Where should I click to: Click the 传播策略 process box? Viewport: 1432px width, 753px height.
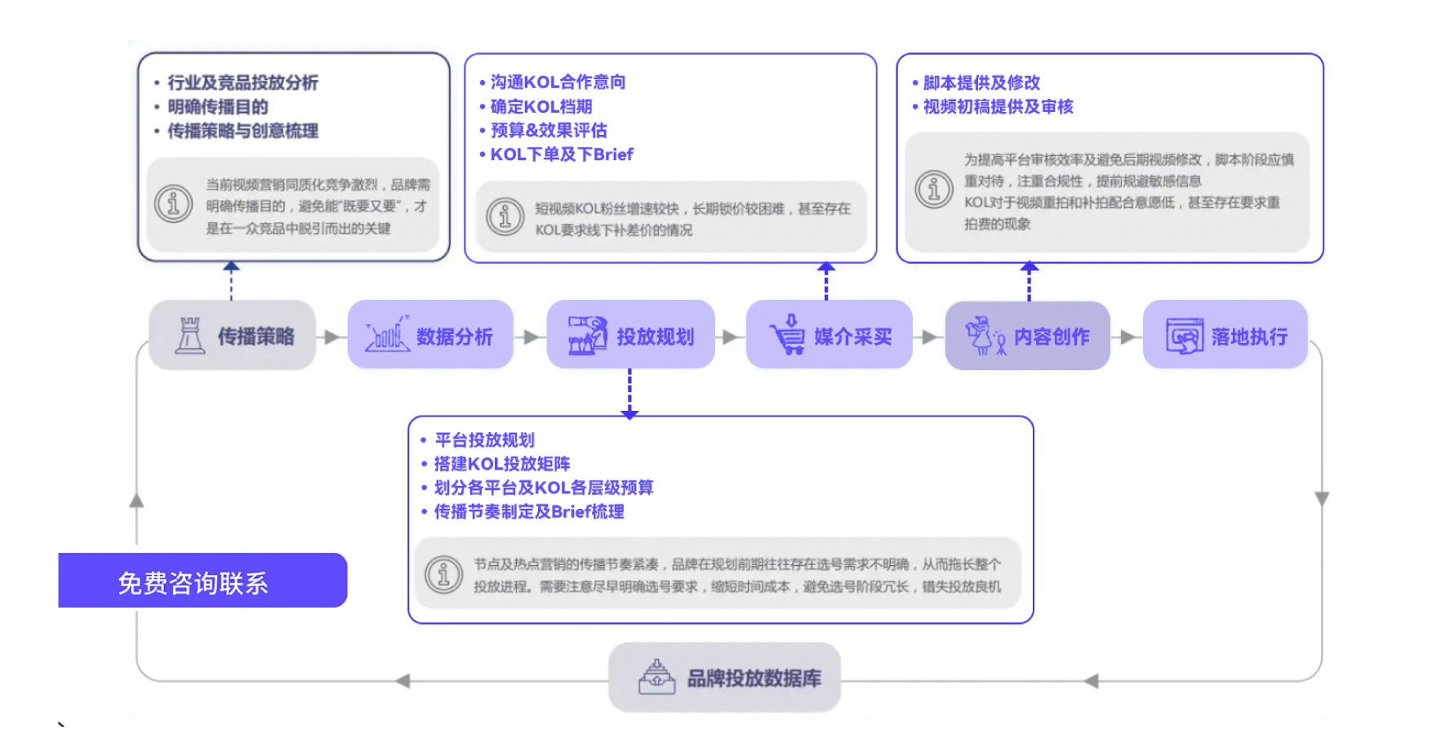point(233,336)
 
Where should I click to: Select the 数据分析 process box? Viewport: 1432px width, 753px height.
point(430,336)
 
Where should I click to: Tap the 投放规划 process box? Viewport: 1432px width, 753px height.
point(630,336)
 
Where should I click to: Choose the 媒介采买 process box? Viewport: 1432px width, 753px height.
point(829,336)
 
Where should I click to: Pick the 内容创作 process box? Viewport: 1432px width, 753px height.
point(1027,336)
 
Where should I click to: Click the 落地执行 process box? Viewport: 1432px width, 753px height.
point(1225,336)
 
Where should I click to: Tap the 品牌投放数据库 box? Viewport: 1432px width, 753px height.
point(724,678)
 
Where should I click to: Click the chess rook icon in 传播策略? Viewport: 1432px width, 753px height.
point(189,336)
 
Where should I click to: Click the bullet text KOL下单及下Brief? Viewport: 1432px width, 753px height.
point(561,154)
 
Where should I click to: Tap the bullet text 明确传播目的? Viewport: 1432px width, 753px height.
point(217,107)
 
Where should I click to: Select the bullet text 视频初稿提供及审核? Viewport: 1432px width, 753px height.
point(997,107)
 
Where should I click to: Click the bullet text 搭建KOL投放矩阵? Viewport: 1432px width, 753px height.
point(501,464)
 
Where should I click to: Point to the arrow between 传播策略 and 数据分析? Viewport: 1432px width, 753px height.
point(331,336)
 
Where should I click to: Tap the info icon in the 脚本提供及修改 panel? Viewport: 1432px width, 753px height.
point(934,189)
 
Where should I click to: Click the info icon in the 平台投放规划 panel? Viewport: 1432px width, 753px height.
point(444,575)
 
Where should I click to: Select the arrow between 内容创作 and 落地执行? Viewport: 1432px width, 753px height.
point(1127,336)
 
